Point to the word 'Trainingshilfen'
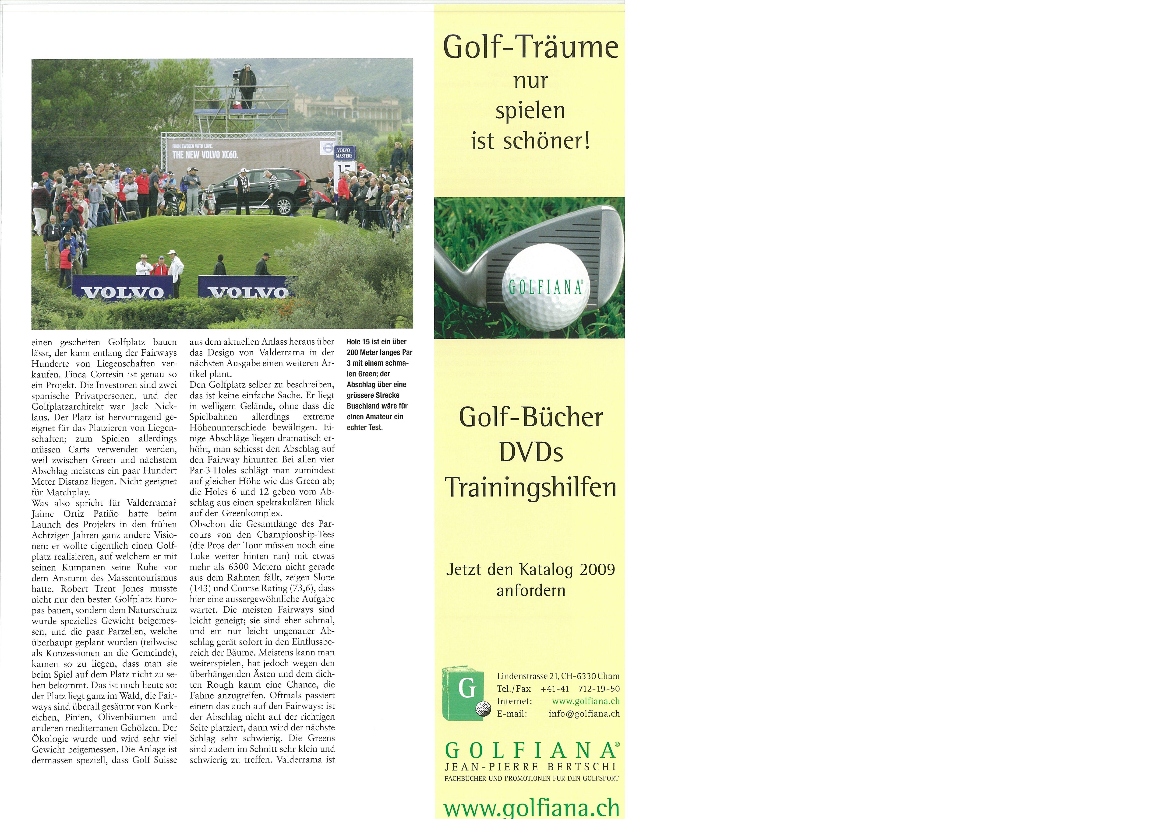coord(530,487)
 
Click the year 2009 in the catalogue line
coord(597,570)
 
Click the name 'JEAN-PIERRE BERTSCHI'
coord(530,766)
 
